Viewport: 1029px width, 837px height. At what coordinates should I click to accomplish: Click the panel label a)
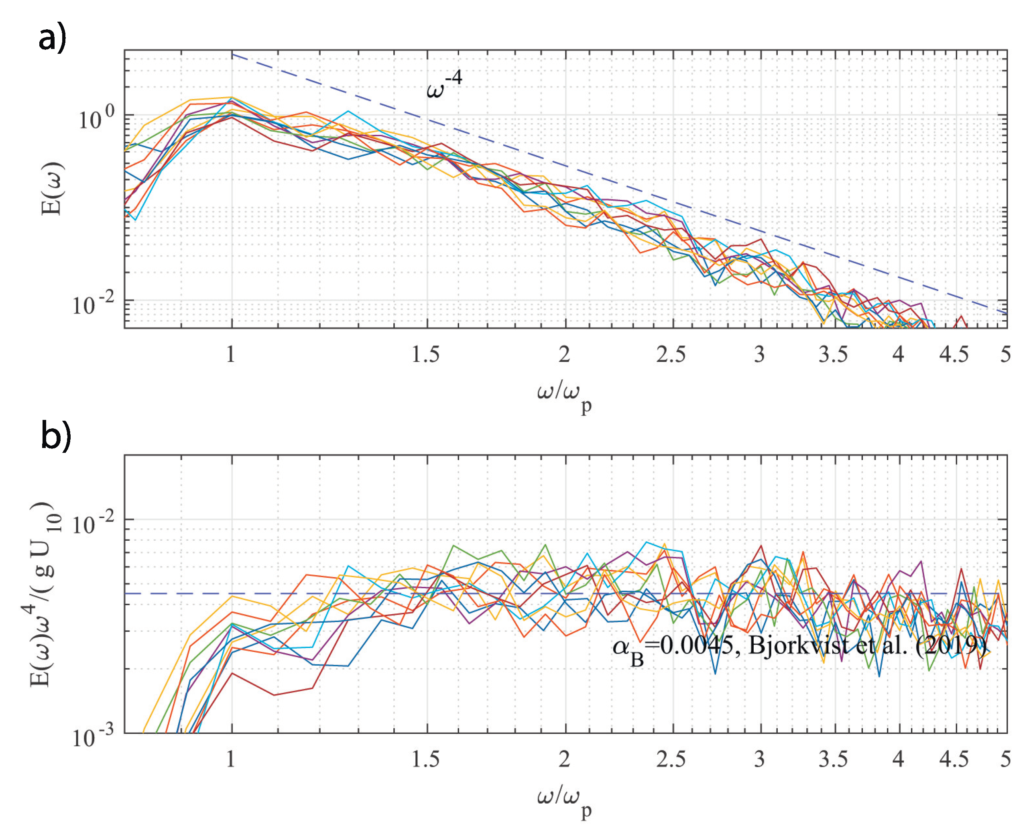[52, 39]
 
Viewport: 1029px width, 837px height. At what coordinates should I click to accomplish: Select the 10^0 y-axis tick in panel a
[96, 118]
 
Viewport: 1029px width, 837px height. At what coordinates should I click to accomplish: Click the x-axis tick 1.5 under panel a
[425, 354]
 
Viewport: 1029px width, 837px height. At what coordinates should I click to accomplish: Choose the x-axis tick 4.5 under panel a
[953, 354]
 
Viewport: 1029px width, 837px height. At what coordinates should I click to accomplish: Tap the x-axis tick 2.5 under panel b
[671, 760]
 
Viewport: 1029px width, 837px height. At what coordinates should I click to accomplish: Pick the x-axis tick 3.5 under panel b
[833, 760]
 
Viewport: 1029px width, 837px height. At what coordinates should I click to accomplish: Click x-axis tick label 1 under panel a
[230, 354]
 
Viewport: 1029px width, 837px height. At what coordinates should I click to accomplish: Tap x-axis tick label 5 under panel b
[1005, 760]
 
